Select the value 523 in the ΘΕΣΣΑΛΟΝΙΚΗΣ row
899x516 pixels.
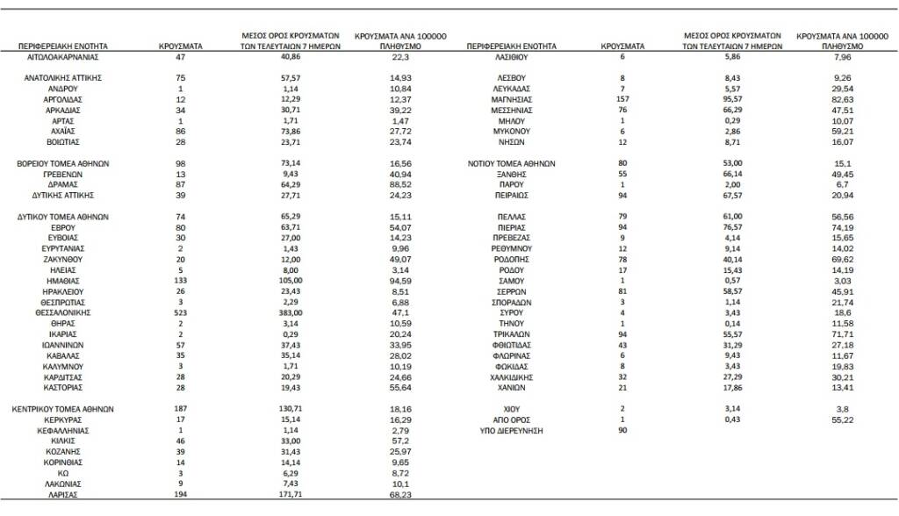pos(180,312)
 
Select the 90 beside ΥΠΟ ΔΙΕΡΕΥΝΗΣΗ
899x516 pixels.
pos(622,430)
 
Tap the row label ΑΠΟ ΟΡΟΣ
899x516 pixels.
pos(510,419)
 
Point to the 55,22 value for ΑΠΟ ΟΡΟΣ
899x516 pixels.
pos(842,419)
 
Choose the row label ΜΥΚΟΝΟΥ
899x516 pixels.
pos(510,131)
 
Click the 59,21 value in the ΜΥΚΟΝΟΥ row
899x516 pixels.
pos(842,131)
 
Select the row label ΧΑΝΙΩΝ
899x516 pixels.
pos(510,386)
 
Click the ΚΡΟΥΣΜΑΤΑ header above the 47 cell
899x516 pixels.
pos(180,44)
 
